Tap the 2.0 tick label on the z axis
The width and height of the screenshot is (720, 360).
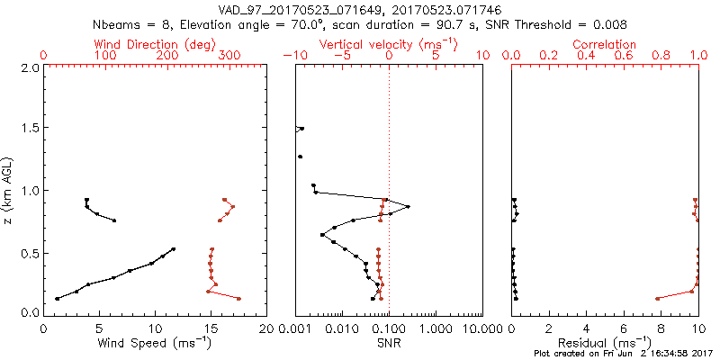(29, 67)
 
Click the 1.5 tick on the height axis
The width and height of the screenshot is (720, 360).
(29, 129)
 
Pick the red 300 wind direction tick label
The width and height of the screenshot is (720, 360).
(230, 56)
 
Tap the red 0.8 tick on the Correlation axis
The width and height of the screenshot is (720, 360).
(661, 56)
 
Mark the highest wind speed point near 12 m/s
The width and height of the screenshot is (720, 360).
(174, 248)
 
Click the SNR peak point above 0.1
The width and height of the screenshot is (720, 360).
(408, 207)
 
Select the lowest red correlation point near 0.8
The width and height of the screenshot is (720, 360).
(658, 298)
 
